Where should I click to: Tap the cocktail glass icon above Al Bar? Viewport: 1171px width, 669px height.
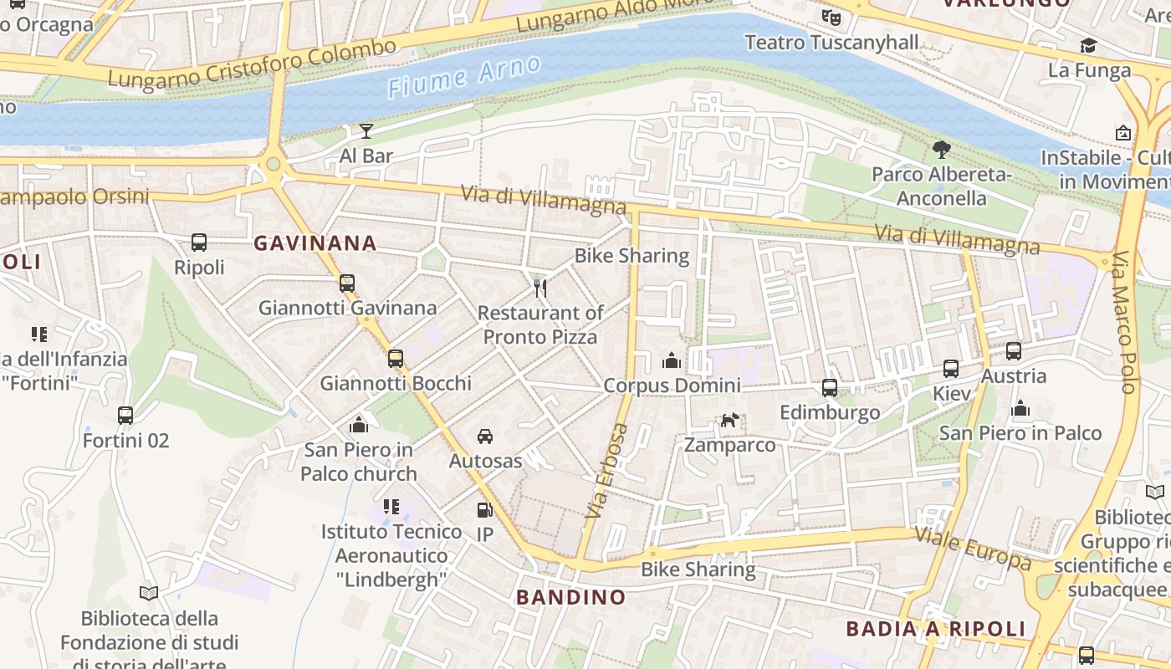pyautogui.click(x=366, y=130)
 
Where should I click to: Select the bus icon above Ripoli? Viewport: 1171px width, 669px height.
pyautogui.click(x=199, y=243)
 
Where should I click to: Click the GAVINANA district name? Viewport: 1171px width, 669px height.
pyautogui.click(x=315, y=243)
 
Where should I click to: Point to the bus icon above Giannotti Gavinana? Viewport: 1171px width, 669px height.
pyautogui.click(x=347, y=283)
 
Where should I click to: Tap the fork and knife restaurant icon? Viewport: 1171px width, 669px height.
pyautogui.click(x=540, y=289)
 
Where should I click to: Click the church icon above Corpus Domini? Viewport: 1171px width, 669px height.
pyautogui.click(x=672, y=360)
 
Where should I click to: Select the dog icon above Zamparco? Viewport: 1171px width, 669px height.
pyautogui.click(x=730, y=420)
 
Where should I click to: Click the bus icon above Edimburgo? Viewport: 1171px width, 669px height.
pyautogui.click(x=830, y=388)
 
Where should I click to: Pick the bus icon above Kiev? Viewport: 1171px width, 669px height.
pyautogui.click(x=951, y=369)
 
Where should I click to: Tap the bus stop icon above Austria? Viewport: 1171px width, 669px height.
pyautogui.click(x=1014, y=351)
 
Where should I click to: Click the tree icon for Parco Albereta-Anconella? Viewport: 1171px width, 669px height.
pyautogui.click(x=942, y=150)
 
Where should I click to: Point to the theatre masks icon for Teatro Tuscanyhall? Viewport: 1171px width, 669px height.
pyautogui.click(x=831, y=17)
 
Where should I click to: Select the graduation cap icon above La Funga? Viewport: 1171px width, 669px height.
pyautogui.click(x=1088, y=45)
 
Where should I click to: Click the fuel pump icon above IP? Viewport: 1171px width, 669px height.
pyautogui.click(x=484, y=509)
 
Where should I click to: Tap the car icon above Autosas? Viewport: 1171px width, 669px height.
pyautogui.click(x=485, y=437)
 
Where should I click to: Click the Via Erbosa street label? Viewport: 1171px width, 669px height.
pyautogui.click(x=608, y=470)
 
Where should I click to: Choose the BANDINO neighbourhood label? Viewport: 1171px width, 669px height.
pyautogui.click(x=570, y=597)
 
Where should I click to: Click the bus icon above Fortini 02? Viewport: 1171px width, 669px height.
pyautogui.click(x=125, y=416)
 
